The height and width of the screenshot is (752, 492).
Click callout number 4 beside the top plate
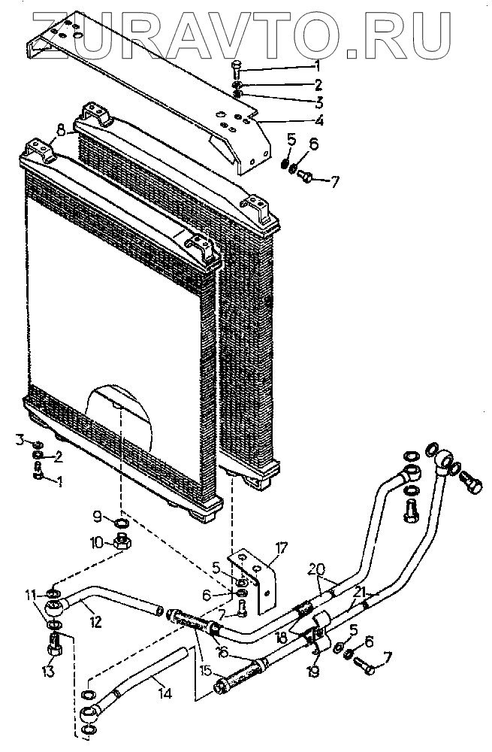pyautogui.click(x=319, y=120)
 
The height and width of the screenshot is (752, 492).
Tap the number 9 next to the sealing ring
pyautogui.click(x=98, y=517)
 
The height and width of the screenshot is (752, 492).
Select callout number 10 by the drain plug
pyautogui.click(x=97, y=541)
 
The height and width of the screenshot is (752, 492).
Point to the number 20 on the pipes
pyautogui.click(x=317, y=569)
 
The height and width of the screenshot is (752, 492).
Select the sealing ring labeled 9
pyautogui.click(x=121, y=523)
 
